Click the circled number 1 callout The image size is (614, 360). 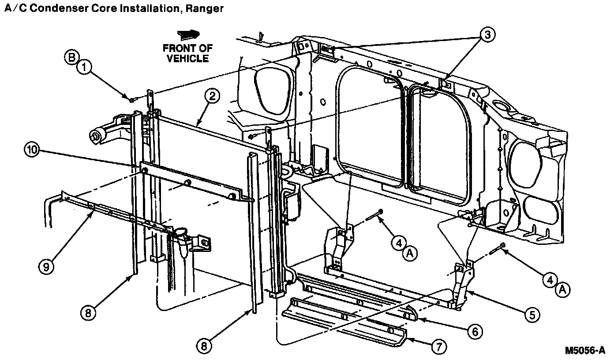[x=84, y=67]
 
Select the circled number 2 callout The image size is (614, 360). [x=212, y=96]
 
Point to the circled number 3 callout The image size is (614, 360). [x=487, y=36]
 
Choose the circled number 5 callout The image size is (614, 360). [x=532, y=314]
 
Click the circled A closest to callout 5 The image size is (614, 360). [x=562, y=289]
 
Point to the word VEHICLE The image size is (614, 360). [x=187, y=58]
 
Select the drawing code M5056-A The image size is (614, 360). [x=585, y=350]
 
